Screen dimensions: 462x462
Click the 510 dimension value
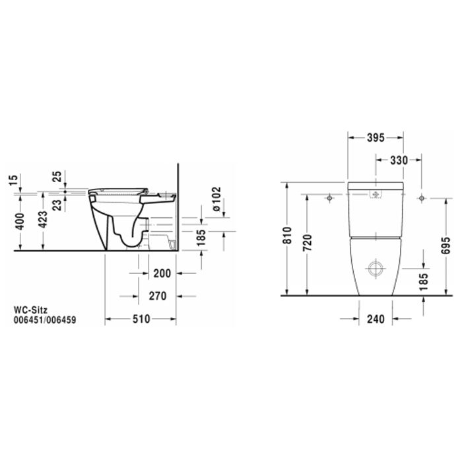[141, 318]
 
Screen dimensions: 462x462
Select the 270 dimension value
[156, 296]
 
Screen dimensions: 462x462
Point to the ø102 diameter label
[215, 197]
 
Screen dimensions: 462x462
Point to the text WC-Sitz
[30, 308]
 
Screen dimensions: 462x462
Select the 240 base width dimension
[376, 318]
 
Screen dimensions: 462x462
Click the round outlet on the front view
[375, 269]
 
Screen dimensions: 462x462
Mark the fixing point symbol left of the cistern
[329, 197]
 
